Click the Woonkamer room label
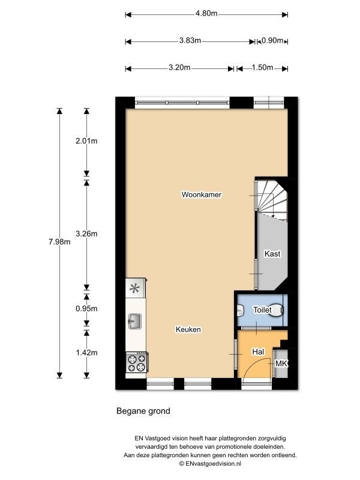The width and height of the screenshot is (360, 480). [201, 194]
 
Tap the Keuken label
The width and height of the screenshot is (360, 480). [188, 329]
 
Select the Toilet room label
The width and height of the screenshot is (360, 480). [262, 310]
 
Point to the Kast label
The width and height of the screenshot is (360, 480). [272, 254]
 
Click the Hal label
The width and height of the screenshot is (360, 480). [258, 352]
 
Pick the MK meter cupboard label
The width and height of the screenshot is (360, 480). [281, 364]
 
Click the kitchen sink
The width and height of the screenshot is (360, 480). [134, 321]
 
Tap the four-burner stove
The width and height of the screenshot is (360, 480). [137, 362]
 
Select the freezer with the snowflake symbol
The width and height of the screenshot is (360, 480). [136, 288]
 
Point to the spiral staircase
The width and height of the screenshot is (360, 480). [272, 199]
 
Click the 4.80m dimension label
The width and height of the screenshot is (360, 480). [206, 13]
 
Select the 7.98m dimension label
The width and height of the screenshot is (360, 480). [59, 242]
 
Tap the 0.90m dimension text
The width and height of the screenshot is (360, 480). [272, 40]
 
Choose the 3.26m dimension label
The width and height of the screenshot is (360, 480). [86, 233]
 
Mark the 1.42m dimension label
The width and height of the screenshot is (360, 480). [86, 352]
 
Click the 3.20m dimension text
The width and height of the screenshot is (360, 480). [179, 67]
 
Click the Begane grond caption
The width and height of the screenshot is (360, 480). [143, 411]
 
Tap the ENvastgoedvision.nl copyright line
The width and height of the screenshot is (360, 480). [210, 464]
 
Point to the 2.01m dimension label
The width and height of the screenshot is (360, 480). [86, 141]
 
